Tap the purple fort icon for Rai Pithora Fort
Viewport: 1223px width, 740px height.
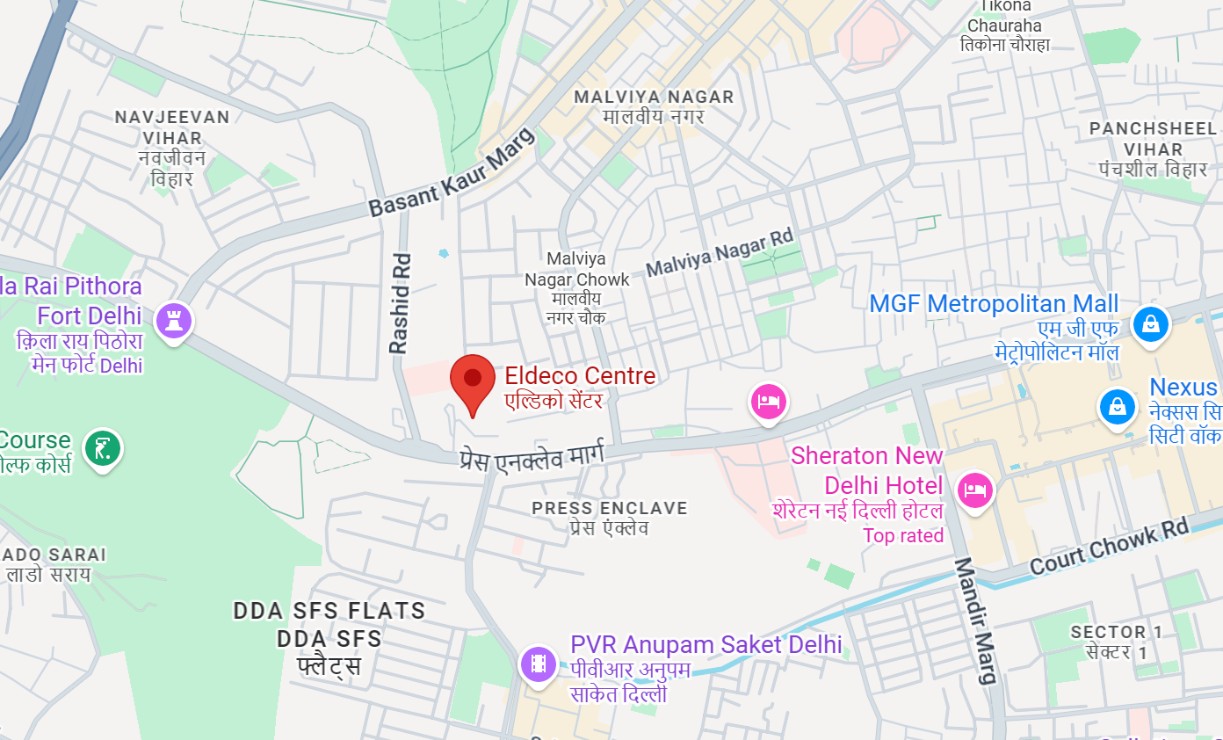[x=173, y=320]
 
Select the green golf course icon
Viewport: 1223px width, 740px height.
[x=103, y=448]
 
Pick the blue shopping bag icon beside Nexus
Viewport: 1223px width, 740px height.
[x=1117, y=406]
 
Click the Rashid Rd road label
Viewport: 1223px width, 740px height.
[x=400, y=303]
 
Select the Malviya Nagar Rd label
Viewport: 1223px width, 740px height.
[x=720, y=253]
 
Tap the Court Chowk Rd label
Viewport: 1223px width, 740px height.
[x=1109, y=546]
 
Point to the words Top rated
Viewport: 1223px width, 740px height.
[x=902, y=535]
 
